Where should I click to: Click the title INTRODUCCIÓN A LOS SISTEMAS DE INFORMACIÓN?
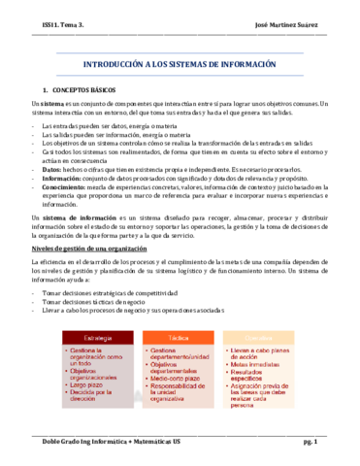click(x=180, y=64)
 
